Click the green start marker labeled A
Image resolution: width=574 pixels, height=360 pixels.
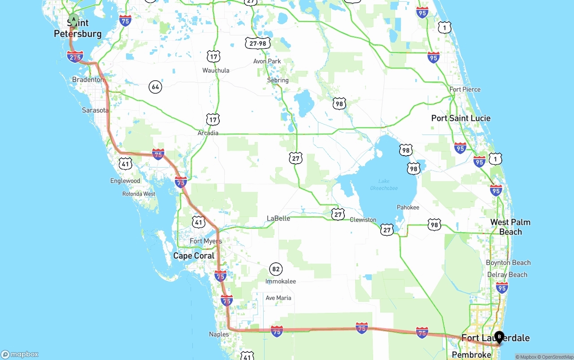[x=73, y=20]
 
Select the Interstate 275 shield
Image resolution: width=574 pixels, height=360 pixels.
[x=75, y=56]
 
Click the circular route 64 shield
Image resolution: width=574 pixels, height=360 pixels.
[x=155, y=87]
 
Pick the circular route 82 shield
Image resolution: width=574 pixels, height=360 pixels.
[x=276, y=269]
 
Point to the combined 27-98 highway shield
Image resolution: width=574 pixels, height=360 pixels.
[x=258, y=43]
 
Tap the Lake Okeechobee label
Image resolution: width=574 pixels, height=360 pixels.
[x=384, y=185]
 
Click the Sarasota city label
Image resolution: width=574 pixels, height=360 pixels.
[x=95, y=110]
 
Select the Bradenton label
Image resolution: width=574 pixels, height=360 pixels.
[x=88, y=79]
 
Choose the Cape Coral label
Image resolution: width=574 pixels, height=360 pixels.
[x=194, y=256]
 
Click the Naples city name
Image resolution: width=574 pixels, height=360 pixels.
[x=219, y=334]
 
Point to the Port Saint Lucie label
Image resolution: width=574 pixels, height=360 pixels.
[x=461, y=118]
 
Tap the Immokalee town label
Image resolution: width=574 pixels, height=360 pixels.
[x=281, y=282]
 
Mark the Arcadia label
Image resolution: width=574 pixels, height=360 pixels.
[x=208, y=133]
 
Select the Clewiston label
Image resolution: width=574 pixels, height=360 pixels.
[x=363, y=220]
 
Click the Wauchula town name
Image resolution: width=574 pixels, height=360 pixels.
[x=216, y=70]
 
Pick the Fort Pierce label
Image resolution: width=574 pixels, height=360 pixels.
[x=465, y=89]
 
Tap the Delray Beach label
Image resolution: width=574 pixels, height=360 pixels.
[x=507, y=274]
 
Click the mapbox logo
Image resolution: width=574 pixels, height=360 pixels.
[x=20, y=354]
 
